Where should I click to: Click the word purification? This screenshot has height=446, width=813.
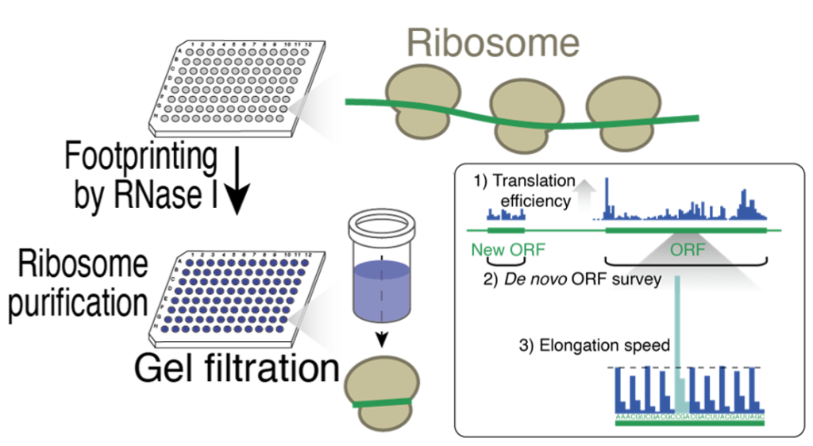click(x=75, y=302)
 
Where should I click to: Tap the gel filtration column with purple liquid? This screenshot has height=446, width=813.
click(x=380, y=270)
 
